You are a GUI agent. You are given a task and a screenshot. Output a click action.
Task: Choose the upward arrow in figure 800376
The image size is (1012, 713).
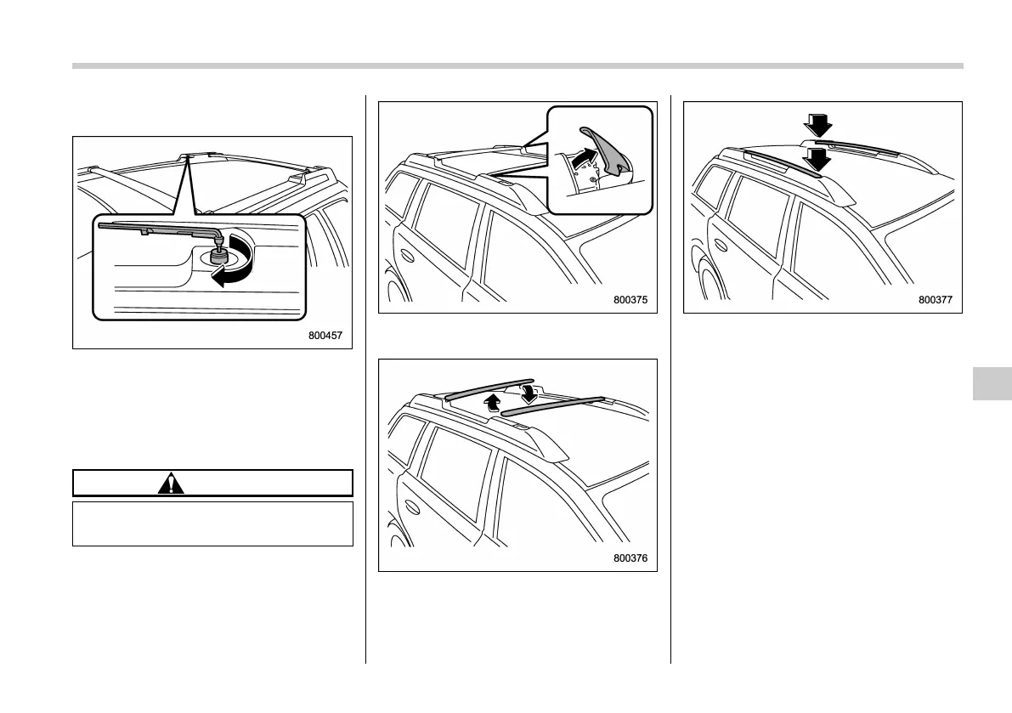[490, 402]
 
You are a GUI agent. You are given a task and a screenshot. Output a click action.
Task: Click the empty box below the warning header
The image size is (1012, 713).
[212, 523]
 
